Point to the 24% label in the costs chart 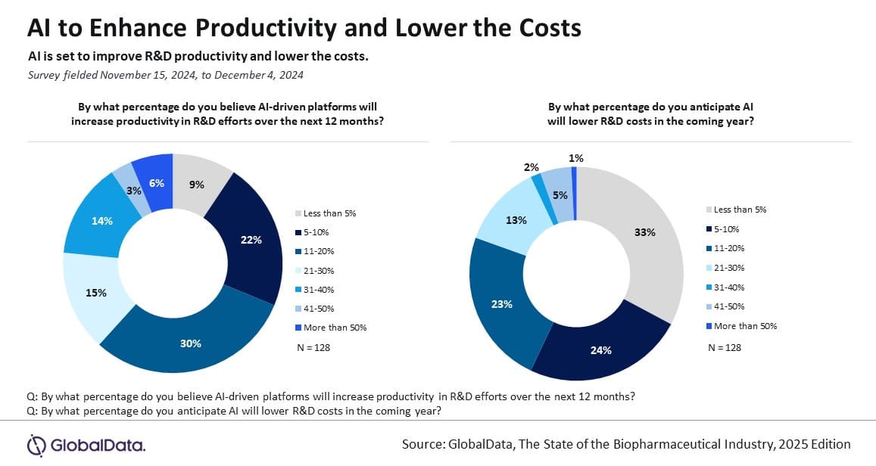(x=601, y=350)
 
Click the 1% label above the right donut (x=575, y=157)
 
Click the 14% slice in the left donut (x=103, y=221)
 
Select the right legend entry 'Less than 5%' (x=740, y=210)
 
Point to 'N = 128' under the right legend (x=724, y=347)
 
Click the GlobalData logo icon (x=37, y=444)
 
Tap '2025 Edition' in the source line (x=811, y=444)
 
